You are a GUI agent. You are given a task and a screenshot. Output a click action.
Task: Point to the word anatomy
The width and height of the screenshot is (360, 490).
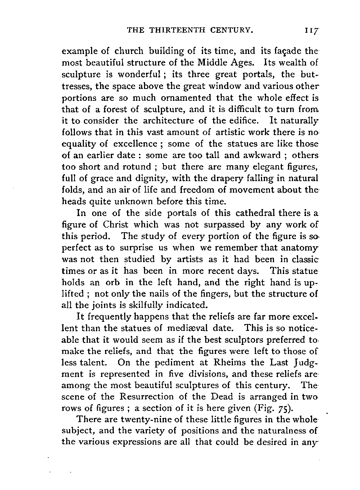click(x=300, y=248)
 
